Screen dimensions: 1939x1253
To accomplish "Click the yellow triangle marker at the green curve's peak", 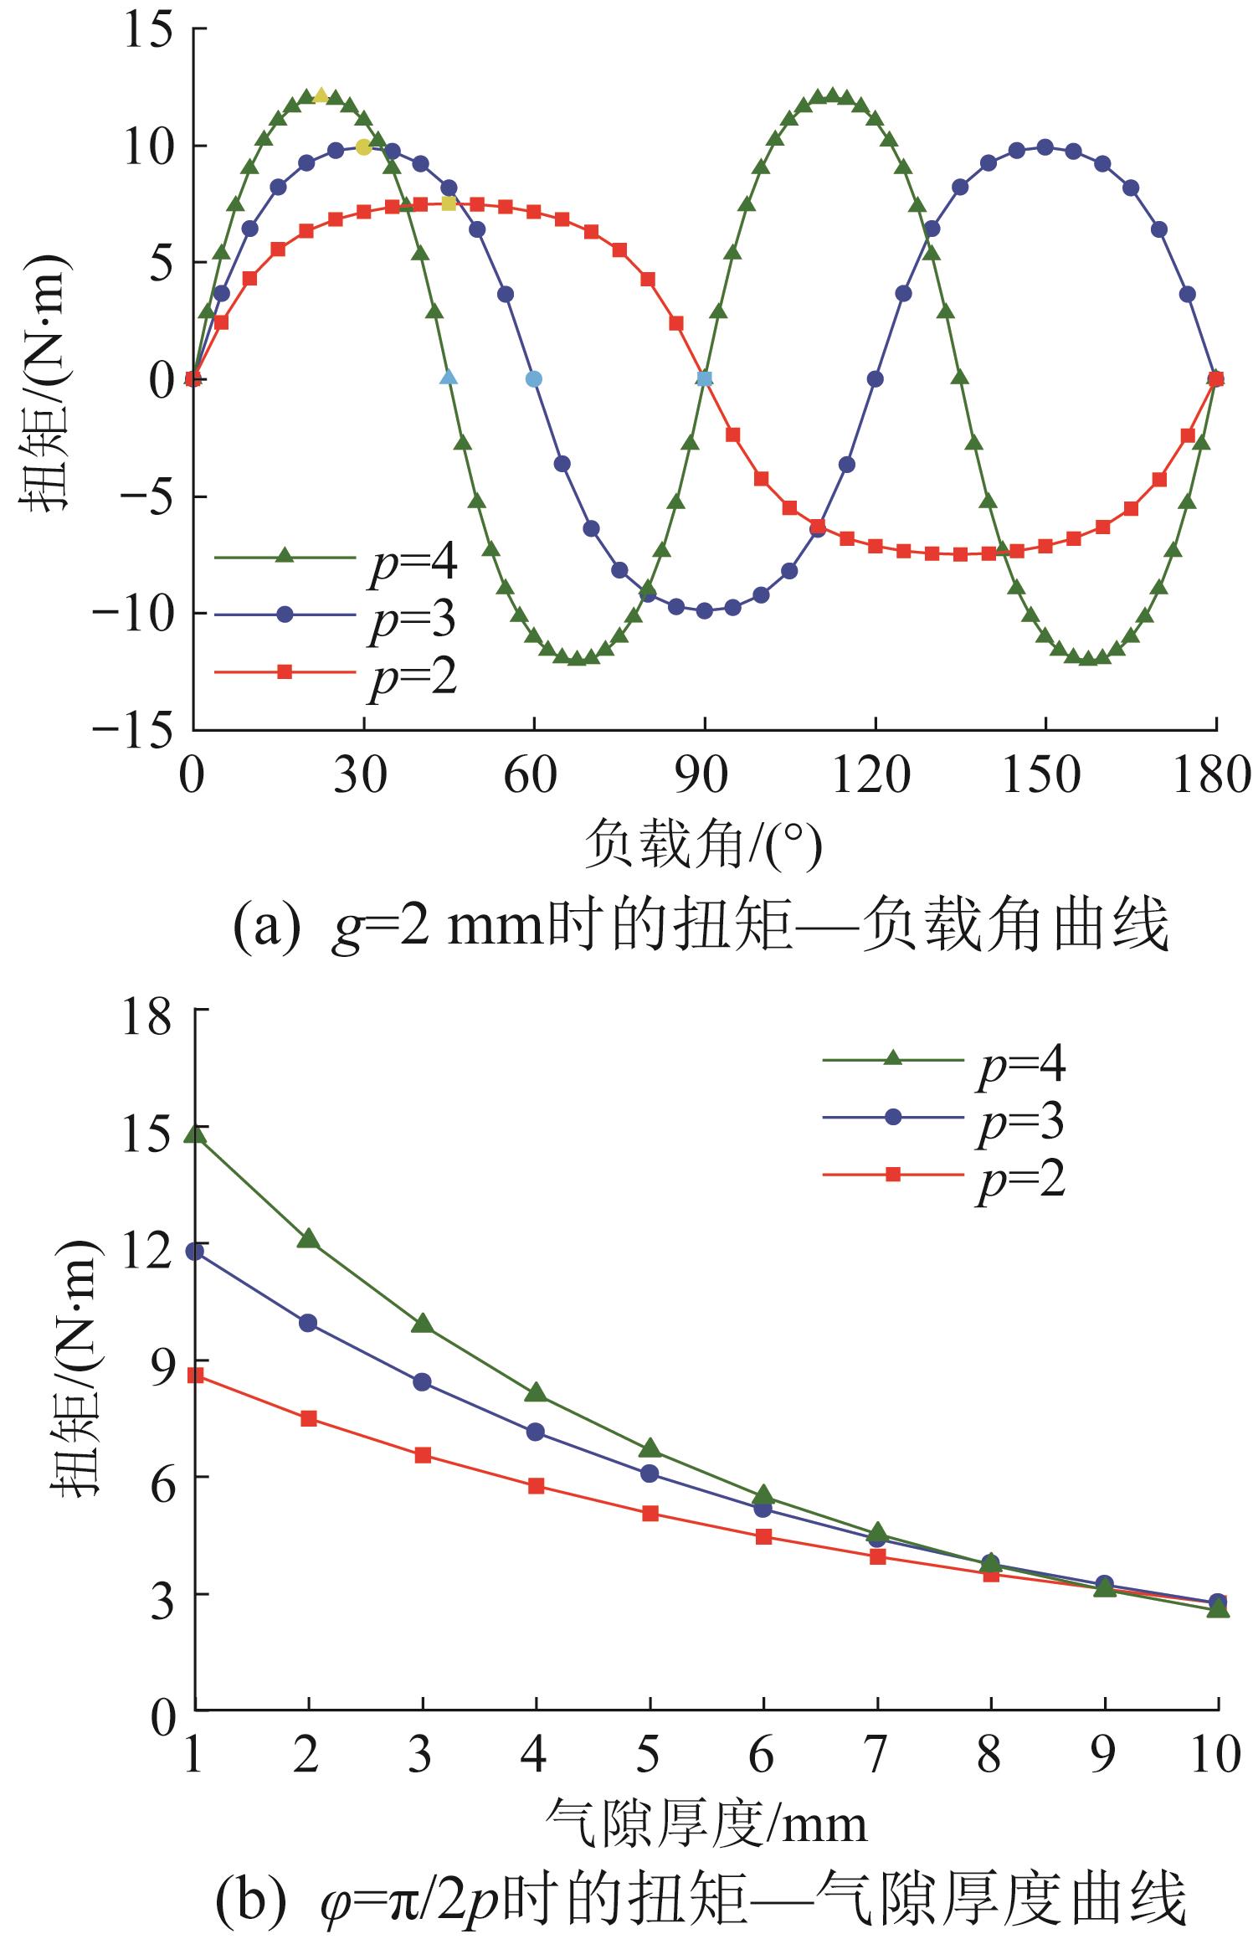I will [x=321, y=96].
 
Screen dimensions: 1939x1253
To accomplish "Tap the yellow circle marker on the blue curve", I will [x=363, y=147].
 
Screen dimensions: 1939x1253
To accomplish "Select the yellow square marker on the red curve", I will [x=449, y=203].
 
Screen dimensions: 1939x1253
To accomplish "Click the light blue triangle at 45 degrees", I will [x=449, y=378].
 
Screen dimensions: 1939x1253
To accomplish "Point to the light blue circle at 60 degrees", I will [x=534, y=378].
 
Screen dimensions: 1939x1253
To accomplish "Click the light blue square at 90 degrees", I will [x=705, y=378].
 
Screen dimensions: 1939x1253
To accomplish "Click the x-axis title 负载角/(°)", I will [x=703, y=846].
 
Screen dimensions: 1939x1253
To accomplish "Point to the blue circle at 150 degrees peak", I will [x=1045, y=147].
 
